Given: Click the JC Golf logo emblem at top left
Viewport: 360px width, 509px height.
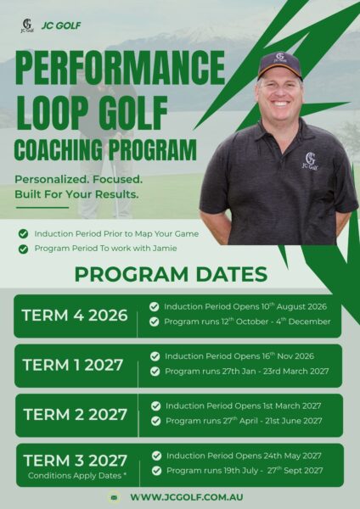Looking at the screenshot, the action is coord(27,25).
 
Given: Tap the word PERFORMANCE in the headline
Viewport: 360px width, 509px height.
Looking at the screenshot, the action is coord(121,68).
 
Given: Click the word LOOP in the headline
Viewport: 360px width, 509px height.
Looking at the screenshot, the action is coord(53,112).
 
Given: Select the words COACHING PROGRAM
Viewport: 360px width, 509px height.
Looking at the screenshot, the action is coord(105,150).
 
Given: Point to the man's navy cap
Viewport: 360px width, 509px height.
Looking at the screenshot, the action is coord(279,65).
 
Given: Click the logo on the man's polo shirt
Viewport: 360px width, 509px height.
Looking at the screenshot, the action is coord(310,161).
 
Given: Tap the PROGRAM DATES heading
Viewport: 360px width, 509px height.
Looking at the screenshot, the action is coord(171,274).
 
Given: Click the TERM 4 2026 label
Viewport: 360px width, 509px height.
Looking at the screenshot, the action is coord(75,316).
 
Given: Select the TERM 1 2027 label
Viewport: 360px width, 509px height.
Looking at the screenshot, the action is coord(73,365).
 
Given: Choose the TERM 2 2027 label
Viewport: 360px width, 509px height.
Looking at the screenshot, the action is coord(75,415).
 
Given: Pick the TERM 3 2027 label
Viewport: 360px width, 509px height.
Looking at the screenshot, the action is coord(75,461).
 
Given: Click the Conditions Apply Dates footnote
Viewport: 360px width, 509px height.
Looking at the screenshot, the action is coord(77,476).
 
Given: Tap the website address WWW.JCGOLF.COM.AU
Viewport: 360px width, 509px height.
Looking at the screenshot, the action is coord(187,497).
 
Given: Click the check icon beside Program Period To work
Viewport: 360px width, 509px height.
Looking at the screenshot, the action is coord(23,249).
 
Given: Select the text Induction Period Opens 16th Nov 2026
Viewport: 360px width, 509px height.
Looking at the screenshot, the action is coord(239,356).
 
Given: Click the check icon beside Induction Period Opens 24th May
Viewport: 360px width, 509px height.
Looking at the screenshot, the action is coord(156,456).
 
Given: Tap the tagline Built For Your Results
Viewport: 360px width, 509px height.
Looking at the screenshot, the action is coord(76,194).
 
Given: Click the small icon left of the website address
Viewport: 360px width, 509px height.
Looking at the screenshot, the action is coord(114,497).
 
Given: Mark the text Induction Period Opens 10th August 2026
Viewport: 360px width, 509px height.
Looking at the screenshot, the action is coord(245,306).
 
